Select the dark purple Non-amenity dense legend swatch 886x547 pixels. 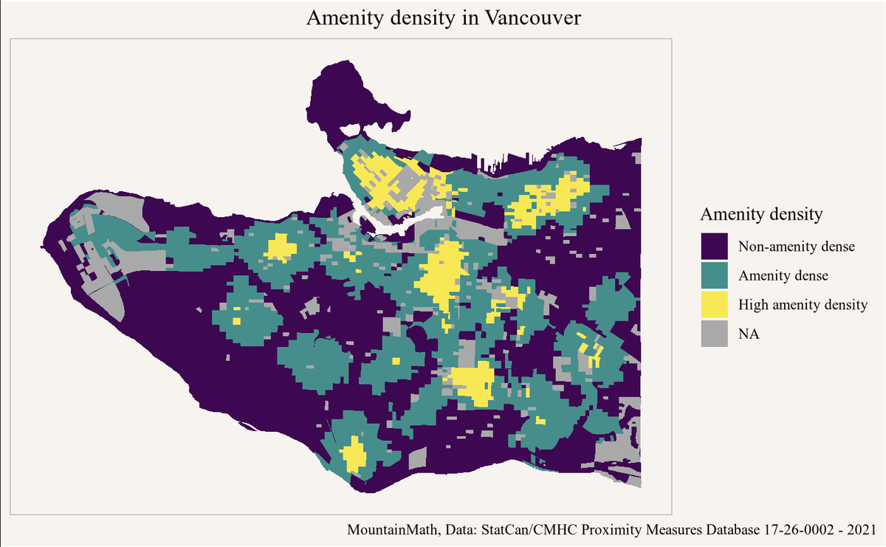[714, 246]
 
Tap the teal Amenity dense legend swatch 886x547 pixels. [714, 275]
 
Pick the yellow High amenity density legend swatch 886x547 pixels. [714, 304]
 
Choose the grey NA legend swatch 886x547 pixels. [714, 334]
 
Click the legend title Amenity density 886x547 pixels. [760, 215]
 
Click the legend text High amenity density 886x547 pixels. [803, 304]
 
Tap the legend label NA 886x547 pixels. [749, 334]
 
